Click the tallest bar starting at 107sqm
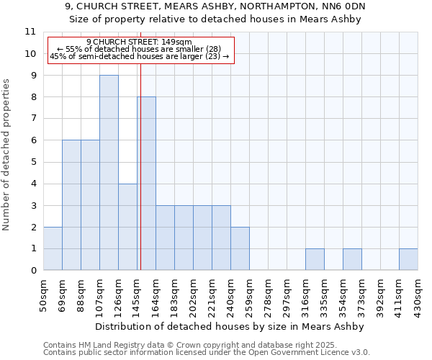pos(109,173)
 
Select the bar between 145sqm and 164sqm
pos(146,184)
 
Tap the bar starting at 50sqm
pos(53,248)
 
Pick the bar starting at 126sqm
pos(127,227)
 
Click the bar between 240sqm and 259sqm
pos(240,248)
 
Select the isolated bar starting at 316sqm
pos(315,259)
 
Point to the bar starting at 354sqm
pos(352,259)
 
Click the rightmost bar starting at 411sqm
pos(408,259)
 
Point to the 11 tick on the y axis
pos(30,32)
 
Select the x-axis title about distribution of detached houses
pos(230,326)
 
